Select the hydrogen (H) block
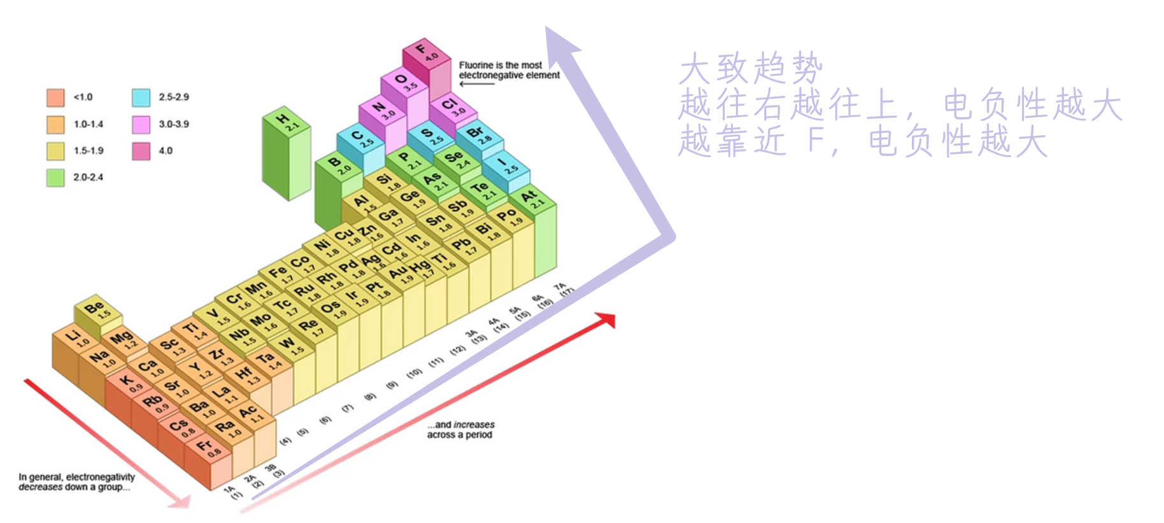287,122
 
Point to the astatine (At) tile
532,200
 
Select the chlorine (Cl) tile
453,107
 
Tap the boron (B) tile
338,165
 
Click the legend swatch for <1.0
55,97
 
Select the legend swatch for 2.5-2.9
141,97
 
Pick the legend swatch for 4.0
141,151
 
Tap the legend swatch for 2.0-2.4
55,178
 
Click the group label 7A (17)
564,289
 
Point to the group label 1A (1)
233,492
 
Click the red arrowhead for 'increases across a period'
606,319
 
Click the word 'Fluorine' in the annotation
476,65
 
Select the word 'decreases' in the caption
40,487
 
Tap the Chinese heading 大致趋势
751,67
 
